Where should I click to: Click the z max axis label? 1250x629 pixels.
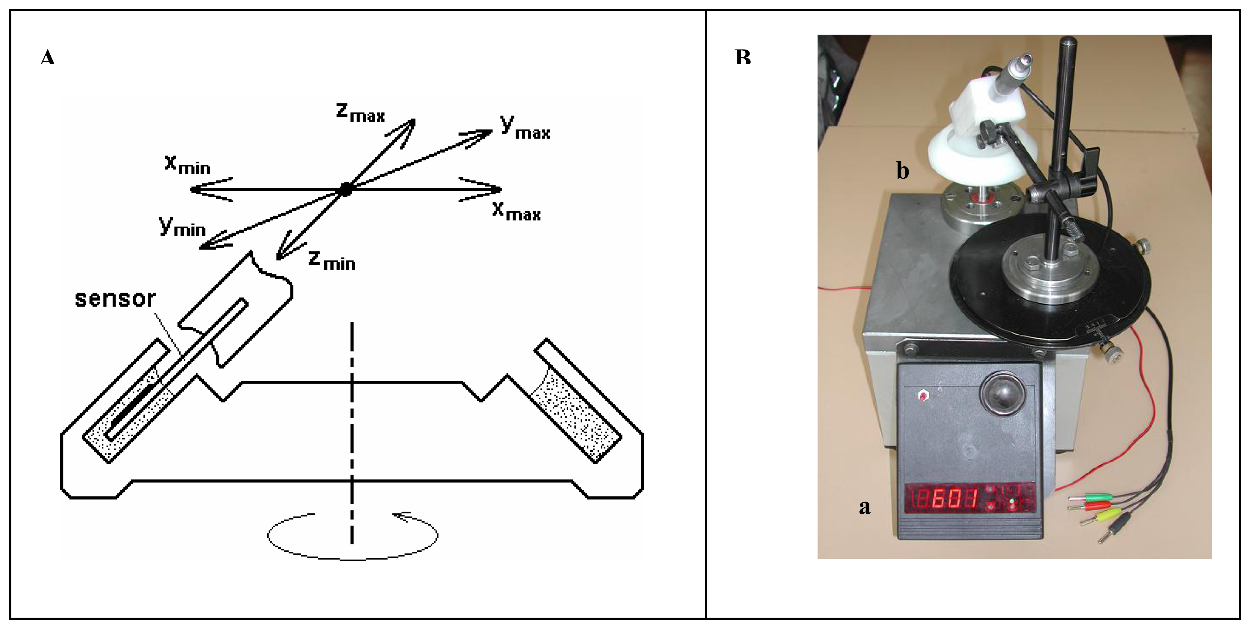click(x=360, y=113)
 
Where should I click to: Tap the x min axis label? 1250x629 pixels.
click(x=187, y=165)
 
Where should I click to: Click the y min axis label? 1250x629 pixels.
click(x=182, y=227)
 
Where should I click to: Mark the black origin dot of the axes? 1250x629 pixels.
click(x=345, y=190)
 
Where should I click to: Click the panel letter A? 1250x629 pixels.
click(x=47, y=58)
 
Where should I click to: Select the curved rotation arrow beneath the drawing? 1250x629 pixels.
click(x=353, y=536)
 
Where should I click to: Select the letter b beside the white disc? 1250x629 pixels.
click(x=902, y=171)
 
